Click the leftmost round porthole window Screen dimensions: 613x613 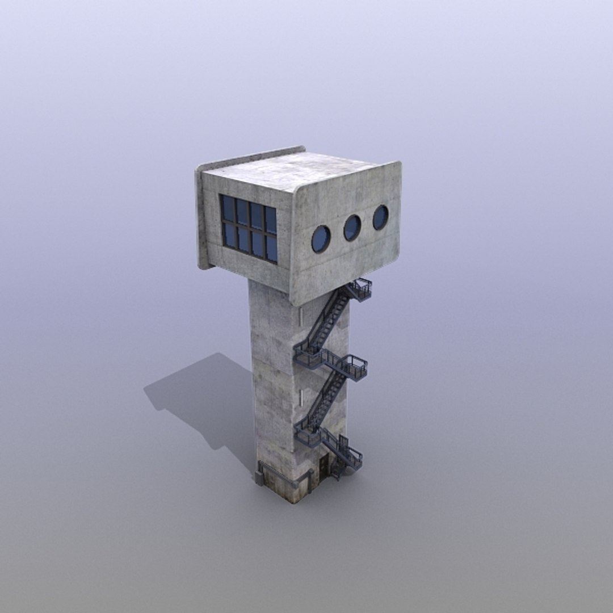321,239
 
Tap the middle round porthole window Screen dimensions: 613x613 352,228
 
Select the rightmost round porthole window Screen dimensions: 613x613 380,217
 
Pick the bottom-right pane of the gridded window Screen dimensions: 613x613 271,249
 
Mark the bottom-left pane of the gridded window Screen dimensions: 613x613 229,234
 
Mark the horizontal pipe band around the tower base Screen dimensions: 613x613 284,480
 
